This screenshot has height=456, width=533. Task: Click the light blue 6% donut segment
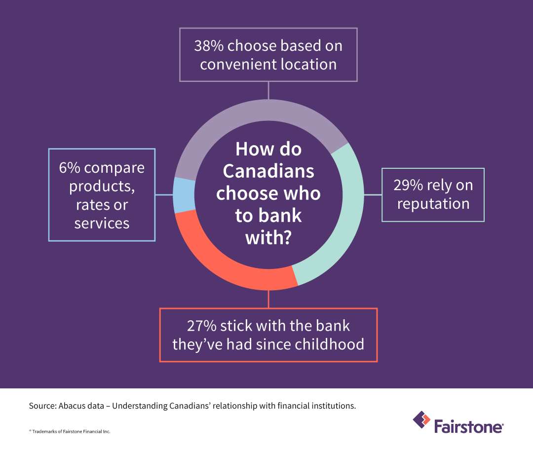183,194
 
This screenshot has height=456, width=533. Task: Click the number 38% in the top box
209,46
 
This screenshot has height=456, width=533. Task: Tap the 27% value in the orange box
201,326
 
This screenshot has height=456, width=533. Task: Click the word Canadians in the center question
268,171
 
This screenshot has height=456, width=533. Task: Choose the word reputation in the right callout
433,203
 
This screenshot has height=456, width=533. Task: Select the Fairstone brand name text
469,425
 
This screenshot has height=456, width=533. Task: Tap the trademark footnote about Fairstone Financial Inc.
70,431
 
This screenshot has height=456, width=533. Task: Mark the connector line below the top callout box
268,90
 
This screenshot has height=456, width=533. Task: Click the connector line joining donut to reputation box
373,195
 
